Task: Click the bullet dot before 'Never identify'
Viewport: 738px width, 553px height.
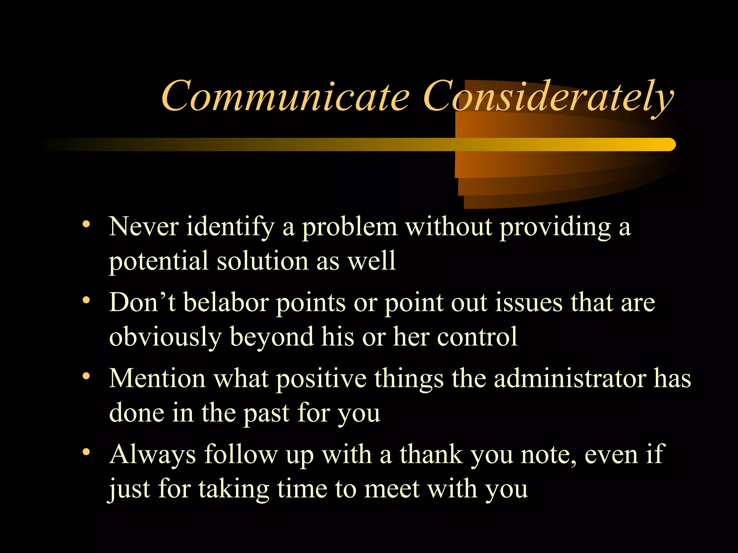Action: (x=86, y=225)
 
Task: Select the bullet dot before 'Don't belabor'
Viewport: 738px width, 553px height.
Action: (x=86, y=300)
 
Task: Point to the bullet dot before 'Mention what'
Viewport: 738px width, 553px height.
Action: (x=86, y=376)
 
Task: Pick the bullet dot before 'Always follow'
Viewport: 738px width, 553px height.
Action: (x=86, y=452)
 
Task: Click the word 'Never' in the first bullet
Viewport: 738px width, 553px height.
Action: (x=144, y=227)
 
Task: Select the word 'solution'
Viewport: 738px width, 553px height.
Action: (x=262, y=261)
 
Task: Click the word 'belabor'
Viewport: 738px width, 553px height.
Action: (x=226, y=302)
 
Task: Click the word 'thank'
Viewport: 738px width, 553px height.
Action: (x=431, y=454)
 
